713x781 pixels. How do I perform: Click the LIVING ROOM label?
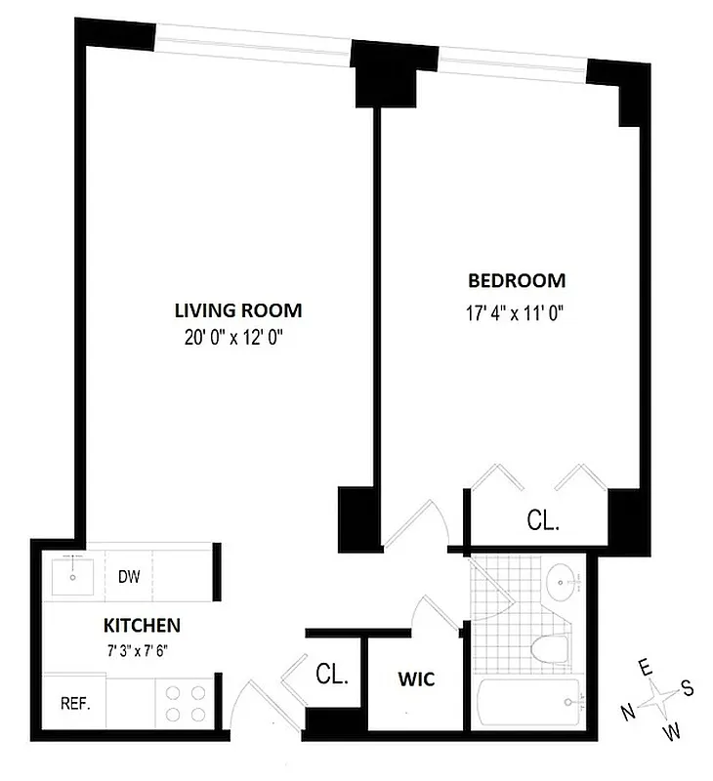pyautogui.click(x=237, y=310)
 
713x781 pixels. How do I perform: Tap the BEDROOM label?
pyautogui.click(x=517, y=281)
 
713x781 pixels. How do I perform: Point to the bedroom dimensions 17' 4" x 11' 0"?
pyautogui.click(x=517, y=312)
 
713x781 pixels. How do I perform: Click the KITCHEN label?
pyautogui.click(x=142, y=625)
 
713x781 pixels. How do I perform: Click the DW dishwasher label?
pyautogui.click(x=130, y=576)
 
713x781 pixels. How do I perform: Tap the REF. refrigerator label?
pyautogui.click(x=75, y=703)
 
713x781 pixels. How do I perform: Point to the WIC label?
pyautogui.click(x=416, y=678)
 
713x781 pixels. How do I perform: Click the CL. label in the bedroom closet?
pyautogui.click(x=544, y=520)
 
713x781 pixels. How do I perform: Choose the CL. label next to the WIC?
pyautogui.click(x=334, y=674)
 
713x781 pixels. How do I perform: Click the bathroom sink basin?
pyautogui.click(x=563, y=583)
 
